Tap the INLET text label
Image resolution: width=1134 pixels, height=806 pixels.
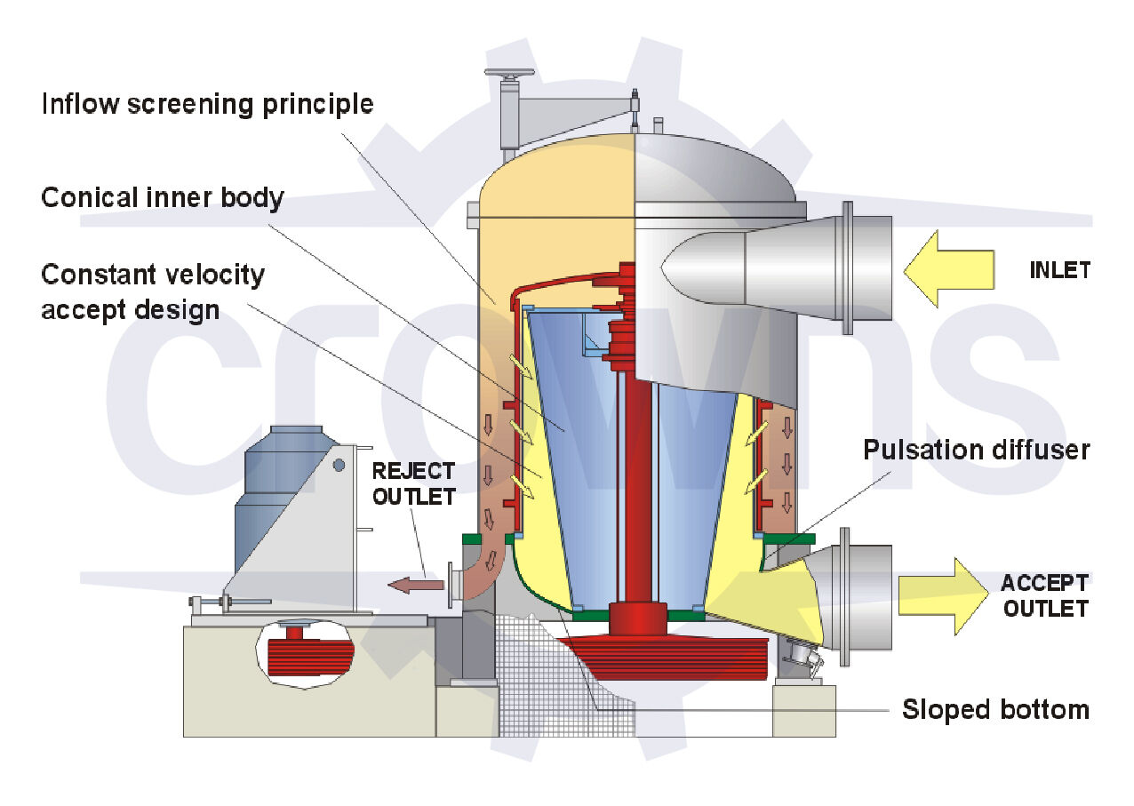click(x=1059, y=270)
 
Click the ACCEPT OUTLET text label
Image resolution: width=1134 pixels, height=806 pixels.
click(x=1043, y=595)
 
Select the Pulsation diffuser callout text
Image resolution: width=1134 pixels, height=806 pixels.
click(x=976, y=450)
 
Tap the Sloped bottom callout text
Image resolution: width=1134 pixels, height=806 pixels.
click(x=994, y=710)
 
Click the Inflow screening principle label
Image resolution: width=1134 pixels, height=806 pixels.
click(x=207, y=104)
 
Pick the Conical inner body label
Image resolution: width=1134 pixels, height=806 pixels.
click(x=162, y=197)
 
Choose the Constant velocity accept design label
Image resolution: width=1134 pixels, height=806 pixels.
click(x=152, y=291)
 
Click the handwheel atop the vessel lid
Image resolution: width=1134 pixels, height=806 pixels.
click(x=509, y=74)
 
